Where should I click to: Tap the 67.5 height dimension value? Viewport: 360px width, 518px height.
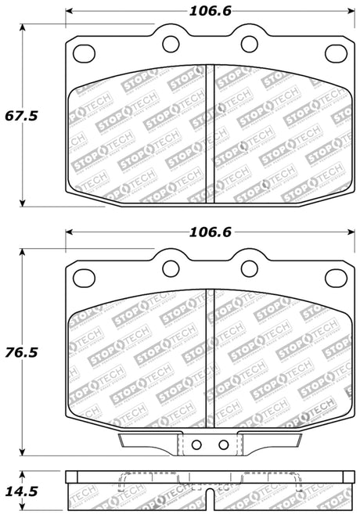(21, 115)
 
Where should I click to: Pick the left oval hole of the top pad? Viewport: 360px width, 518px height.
(82, 54)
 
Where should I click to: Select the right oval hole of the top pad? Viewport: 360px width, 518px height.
(334, 54)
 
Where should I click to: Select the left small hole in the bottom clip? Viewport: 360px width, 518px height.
(196, 445)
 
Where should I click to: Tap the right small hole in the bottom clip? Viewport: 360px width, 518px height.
(224, 445)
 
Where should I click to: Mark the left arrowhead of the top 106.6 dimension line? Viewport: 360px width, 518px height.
(70, 12)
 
